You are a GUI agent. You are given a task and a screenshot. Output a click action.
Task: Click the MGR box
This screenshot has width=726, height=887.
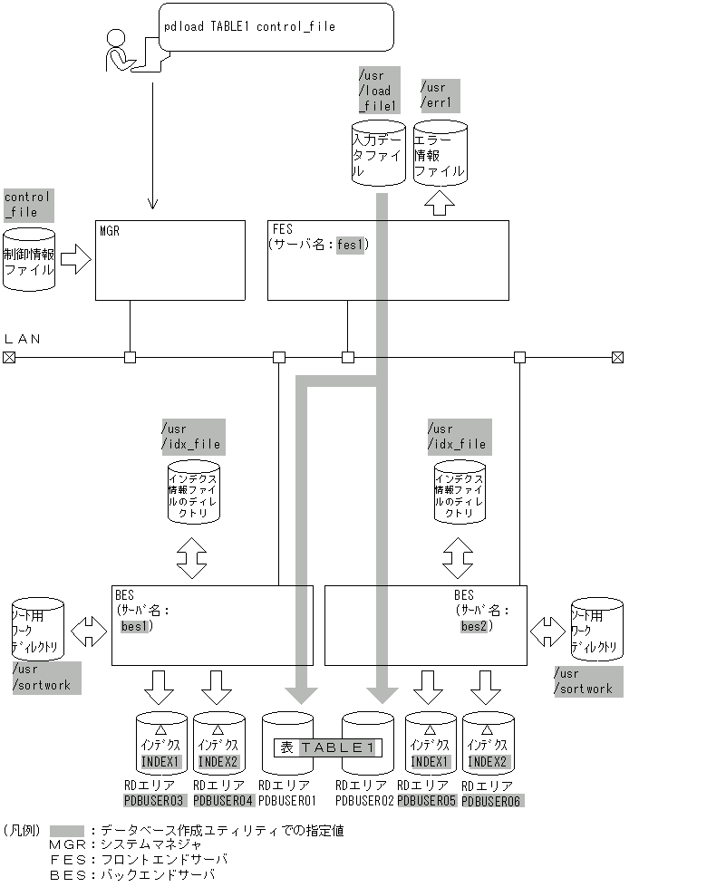click(x=170, y=260)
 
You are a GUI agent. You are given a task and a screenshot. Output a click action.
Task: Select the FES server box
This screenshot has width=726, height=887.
click(x=387, y=260)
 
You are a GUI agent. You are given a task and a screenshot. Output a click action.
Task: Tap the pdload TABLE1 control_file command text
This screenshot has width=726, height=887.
click(x=249, y=27)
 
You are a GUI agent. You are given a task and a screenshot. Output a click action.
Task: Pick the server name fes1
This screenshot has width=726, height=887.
click(x=350, y=245)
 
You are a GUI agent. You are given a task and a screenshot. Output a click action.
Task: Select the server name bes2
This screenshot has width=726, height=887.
click(x=475, y=625)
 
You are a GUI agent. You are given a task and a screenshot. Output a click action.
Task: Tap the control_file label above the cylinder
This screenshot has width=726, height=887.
click(x=28, y=205)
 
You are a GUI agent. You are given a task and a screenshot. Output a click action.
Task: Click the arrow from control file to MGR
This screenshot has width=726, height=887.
click(x=75, y=262)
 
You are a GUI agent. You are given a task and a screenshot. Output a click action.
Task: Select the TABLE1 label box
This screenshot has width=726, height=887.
click(x=328, y=747)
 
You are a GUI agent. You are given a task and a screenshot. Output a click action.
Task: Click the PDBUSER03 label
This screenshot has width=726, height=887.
click(x=154, y=801)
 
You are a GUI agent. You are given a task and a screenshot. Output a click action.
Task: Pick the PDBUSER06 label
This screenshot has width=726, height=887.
click(x=492, y=801)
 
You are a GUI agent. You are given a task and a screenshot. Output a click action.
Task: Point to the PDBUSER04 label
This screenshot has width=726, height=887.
click(x=223, y=801)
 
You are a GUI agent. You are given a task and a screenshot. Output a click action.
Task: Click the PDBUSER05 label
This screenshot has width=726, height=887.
click(x=426, y=801)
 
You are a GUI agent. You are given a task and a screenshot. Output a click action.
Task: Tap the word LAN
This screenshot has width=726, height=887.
click(x=23, y=339)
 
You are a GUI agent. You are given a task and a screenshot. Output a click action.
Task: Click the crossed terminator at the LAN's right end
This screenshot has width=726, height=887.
click(x=618, y=358)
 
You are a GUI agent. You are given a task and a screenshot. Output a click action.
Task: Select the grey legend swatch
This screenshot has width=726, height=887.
click(x=67, y=831)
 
